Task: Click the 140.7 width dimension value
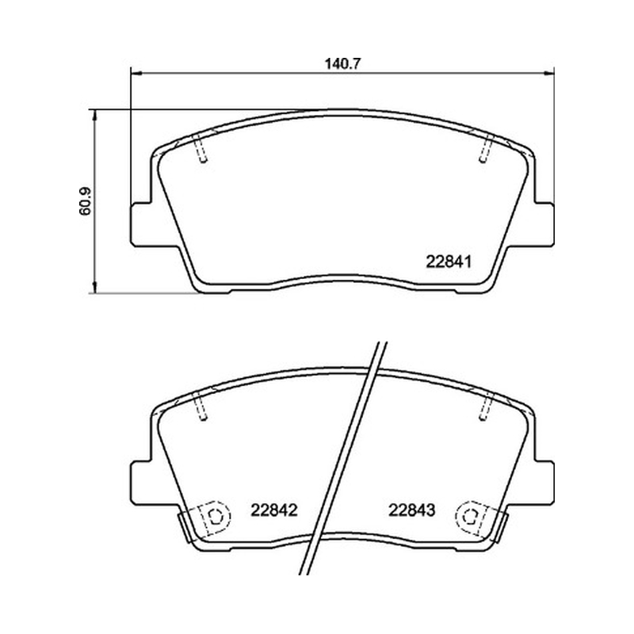[342, 64]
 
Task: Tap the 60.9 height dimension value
[86, 201]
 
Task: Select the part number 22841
[449, 262]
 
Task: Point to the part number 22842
[274, 510]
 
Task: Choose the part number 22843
[411, 510]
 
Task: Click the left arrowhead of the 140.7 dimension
[136, 73]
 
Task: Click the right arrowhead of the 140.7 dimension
[549, 73]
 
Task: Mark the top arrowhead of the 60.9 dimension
[95, 114]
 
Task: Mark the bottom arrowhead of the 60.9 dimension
[95, 288]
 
